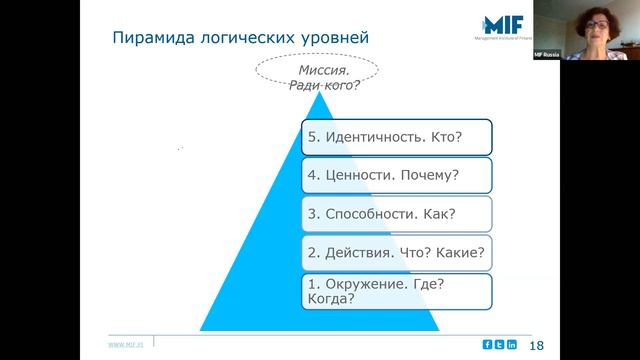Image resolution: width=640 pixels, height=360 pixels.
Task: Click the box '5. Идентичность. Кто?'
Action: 397,136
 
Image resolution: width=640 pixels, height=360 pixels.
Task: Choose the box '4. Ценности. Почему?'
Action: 397,175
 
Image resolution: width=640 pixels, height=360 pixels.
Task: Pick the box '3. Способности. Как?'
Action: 397,213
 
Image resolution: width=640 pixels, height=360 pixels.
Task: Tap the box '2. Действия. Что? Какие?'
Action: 397,252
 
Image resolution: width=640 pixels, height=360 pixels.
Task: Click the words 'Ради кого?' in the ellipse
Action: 324,85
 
